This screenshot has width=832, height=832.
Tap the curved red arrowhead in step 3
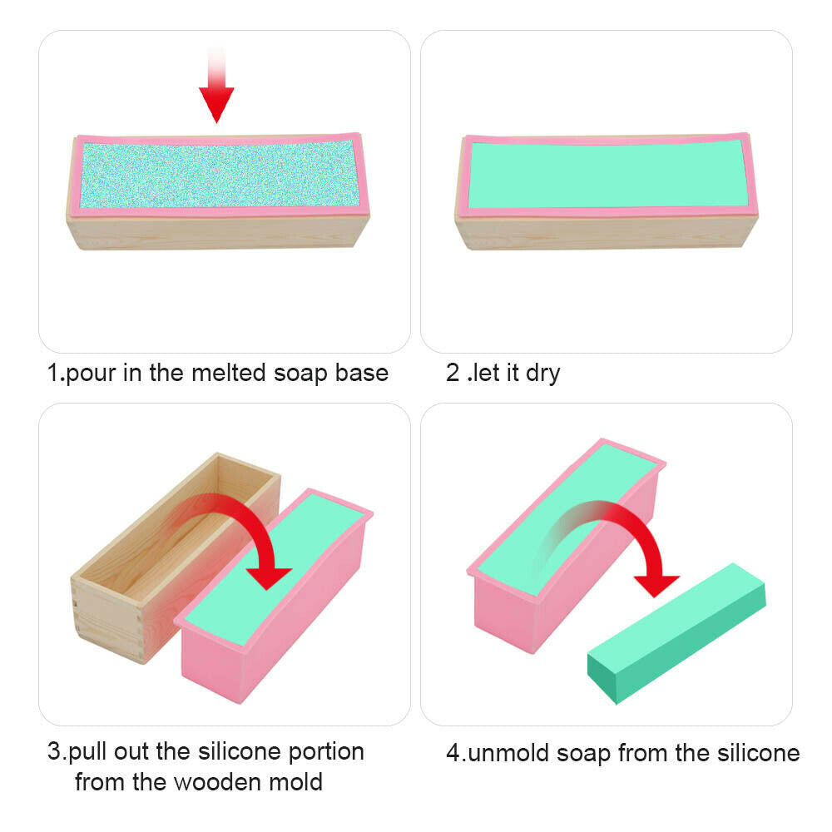point(269,577)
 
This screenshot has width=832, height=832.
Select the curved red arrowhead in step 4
point(656,585)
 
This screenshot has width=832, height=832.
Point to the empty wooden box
point(175,557)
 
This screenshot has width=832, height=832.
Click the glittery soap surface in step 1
point(219,174)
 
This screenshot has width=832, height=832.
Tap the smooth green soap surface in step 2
point(608,174)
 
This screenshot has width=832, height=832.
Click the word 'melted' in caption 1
point(229,373)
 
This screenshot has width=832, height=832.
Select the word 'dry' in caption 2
point(542,374)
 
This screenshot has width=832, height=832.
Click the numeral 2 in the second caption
point(453,373)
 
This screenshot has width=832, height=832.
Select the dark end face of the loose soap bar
point(602,678)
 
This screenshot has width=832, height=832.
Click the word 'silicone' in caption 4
point(758,753)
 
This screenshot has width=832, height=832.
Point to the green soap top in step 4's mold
point(567,518)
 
